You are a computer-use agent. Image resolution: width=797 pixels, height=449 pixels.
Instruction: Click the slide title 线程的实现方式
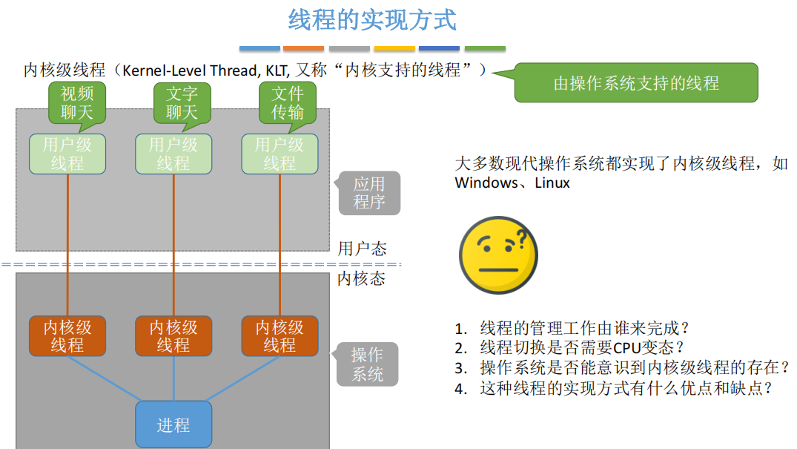pos(372,20)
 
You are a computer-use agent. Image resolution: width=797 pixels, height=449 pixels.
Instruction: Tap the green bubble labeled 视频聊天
pos(77,102)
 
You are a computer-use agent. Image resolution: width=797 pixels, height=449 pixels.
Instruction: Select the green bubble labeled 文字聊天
pos(182,102)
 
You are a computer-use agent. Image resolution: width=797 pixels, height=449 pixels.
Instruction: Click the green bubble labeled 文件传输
pos(287,102)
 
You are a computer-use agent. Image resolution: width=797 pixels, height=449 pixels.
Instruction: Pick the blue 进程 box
pos(173,425)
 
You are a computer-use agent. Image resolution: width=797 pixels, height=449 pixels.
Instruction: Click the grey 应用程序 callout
pos(368,193)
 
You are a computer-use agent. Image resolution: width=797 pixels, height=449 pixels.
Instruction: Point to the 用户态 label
pos(362,249)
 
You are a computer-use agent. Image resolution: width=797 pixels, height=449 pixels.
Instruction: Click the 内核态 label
pos(362,279)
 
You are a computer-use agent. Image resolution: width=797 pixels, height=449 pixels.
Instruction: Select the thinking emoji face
pos(498,255)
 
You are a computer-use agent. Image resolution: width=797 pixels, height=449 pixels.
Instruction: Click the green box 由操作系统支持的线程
pos(636,82)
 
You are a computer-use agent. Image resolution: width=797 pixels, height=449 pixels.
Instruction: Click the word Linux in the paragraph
pos(552,183)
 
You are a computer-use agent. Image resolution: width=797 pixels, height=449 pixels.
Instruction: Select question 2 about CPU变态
pos(570,348)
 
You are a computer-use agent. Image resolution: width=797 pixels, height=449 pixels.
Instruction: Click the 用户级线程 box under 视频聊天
pos(67,154)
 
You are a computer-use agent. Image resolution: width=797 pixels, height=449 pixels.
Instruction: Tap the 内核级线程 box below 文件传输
pos(280,336)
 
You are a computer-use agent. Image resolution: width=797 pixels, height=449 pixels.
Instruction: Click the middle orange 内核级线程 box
pos(173,336)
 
